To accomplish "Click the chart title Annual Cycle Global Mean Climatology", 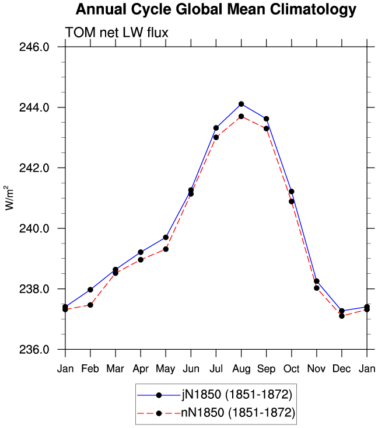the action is (216, 9).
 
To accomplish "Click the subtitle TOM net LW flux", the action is (117, 33).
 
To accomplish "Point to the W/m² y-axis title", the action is (9, 198).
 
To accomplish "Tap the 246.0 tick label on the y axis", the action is (34, 47).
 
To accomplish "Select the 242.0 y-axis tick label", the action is (34, 168).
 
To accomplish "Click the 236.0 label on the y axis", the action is (34, 349).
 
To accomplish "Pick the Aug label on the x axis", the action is (242, 369).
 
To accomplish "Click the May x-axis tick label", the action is (166, 369).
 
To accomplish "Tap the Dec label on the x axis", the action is (342, 369).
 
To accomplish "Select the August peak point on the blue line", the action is (241, 104).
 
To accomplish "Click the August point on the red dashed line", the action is (241, 117).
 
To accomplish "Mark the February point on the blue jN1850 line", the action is (90, 290).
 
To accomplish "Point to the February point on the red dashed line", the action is (90, 305).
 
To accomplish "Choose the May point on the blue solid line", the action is (166, 237).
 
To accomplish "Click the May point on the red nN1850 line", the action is (166, 249).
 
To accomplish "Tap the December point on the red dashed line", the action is (342, 316).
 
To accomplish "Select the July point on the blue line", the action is (216, 128).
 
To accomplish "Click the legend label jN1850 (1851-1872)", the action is (237, 395).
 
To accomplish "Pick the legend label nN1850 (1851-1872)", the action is (238, 412).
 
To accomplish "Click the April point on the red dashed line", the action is (141, 260).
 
